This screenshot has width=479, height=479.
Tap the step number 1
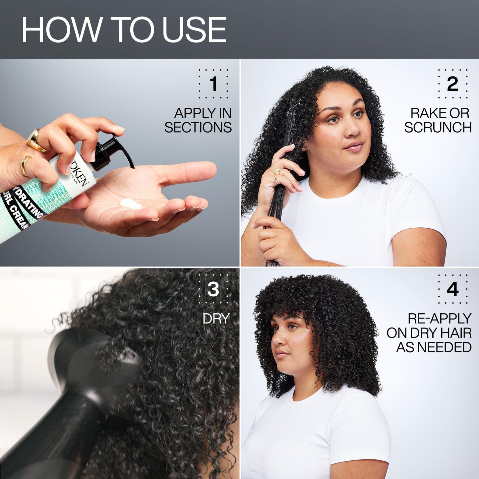coord(213,84)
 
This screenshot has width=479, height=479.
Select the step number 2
coord(452,84)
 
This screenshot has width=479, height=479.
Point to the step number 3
coord(213,289)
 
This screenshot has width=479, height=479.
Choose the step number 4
coord(452,289)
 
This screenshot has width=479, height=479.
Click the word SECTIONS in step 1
coord(198,128)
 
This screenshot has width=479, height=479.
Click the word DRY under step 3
coord(216,319)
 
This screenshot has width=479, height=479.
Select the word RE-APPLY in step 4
coord(439,319)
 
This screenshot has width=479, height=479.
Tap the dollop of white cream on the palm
coord(131,204)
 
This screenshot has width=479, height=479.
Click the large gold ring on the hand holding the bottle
coord(36,140)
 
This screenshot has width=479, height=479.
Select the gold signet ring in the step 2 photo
coord(276,171)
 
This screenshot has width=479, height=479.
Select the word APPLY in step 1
coord(189,113)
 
